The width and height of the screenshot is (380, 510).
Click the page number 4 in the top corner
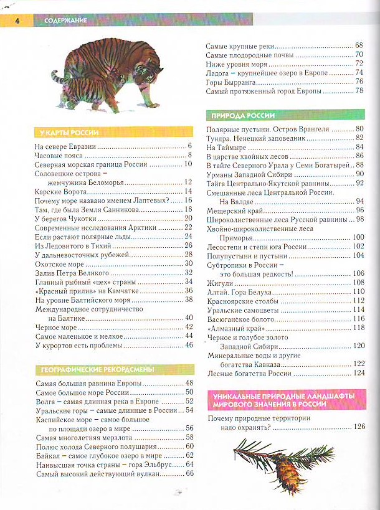tap(17, 21)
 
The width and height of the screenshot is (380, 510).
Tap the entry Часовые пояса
tap(55, 155)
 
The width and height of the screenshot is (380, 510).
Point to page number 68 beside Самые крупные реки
tap(359, 46)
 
